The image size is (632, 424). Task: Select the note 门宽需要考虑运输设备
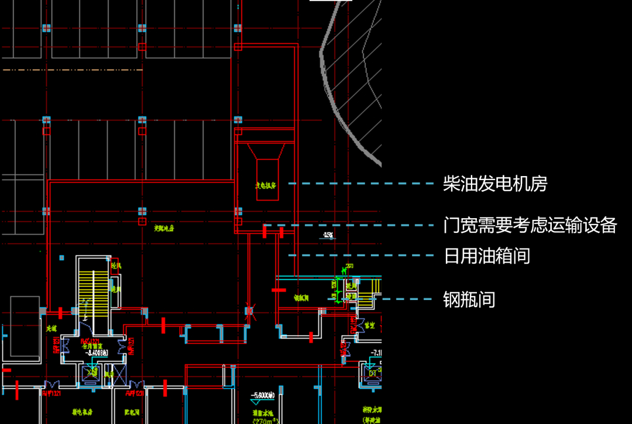click(530, 225)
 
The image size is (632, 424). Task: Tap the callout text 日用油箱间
click(487, 256)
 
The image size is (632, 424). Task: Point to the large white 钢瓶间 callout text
click(469, 300)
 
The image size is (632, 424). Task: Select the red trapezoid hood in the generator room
click(266, 151)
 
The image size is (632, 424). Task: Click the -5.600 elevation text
click(262, 396)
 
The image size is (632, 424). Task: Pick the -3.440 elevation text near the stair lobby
click(96, 353)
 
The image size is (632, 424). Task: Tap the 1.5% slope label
click(328, 236)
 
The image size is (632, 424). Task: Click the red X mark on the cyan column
click(250, 311)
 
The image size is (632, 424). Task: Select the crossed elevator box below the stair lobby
click(91, 373)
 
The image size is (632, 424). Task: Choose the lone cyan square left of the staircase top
click(61, 257)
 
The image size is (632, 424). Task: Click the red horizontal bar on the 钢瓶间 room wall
click(279, 289)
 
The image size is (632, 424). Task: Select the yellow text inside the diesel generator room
click(266, 185)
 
